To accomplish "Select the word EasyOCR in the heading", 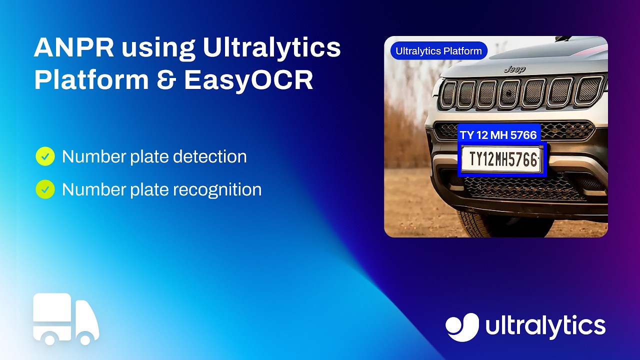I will point(248,80).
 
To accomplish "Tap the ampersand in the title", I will point(166,80).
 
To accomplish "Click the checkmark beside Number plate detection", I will point(45,156).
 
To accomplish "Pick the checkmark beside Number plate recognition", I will point(45,189).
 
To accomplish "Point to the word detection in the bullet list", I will point(209,156).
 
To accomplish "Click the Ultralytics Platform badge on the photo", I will point(438,51).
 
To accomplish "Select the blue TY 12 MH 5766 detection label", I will point(498,135).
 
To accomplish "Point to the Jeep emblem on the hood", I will point(514,69).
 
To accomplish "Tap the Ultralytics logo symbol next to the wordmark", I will point(462,327).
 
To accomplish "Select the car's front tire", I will point(495,224).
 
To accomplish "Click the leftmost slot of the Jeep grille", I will point(448,94).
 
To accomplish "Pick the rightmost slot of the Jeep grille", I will point(589,90).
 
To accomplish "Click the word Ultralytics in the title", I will point(271,48).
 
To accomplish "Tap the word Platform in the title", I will point(91,80).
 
